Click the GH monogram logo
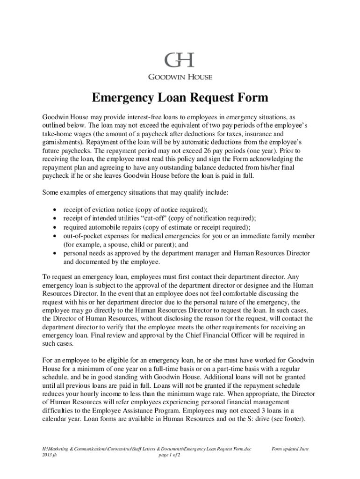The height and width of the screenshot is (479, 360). [180, 60]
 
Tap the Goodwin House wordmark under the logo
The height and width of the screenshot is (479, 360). [180, 77]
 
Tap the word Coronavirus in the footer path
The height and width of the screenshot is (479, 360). [122, 449]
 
